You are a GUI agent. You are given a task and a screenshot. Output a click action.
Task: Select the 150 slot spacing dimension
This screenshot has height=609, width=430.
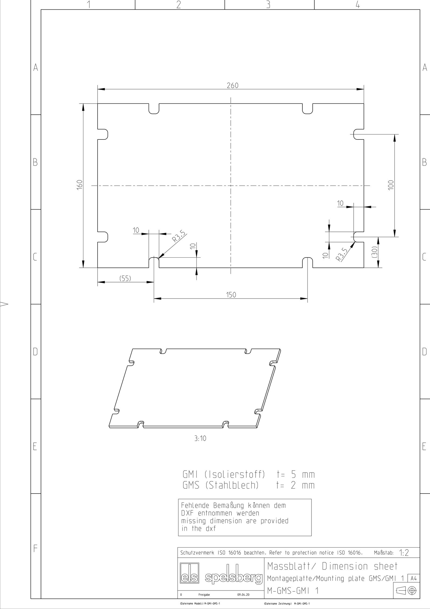231,295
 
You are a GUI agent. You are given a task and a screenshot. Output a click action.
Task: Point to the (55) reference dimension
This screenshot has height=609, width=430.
125,278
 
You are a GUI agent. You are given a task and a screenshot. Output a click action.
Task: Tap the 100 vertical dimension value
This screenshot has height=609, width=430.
391,185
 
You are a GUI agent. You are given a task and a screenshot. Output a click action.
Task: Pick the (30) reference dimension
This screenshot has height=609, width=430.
375,252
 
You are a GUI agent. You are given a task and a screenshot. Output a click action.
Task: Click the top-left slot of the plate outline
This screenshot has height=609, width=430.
154,109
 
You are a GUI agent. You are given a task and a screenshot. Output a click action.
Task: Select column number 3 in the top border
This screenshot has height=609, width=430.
268,5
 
